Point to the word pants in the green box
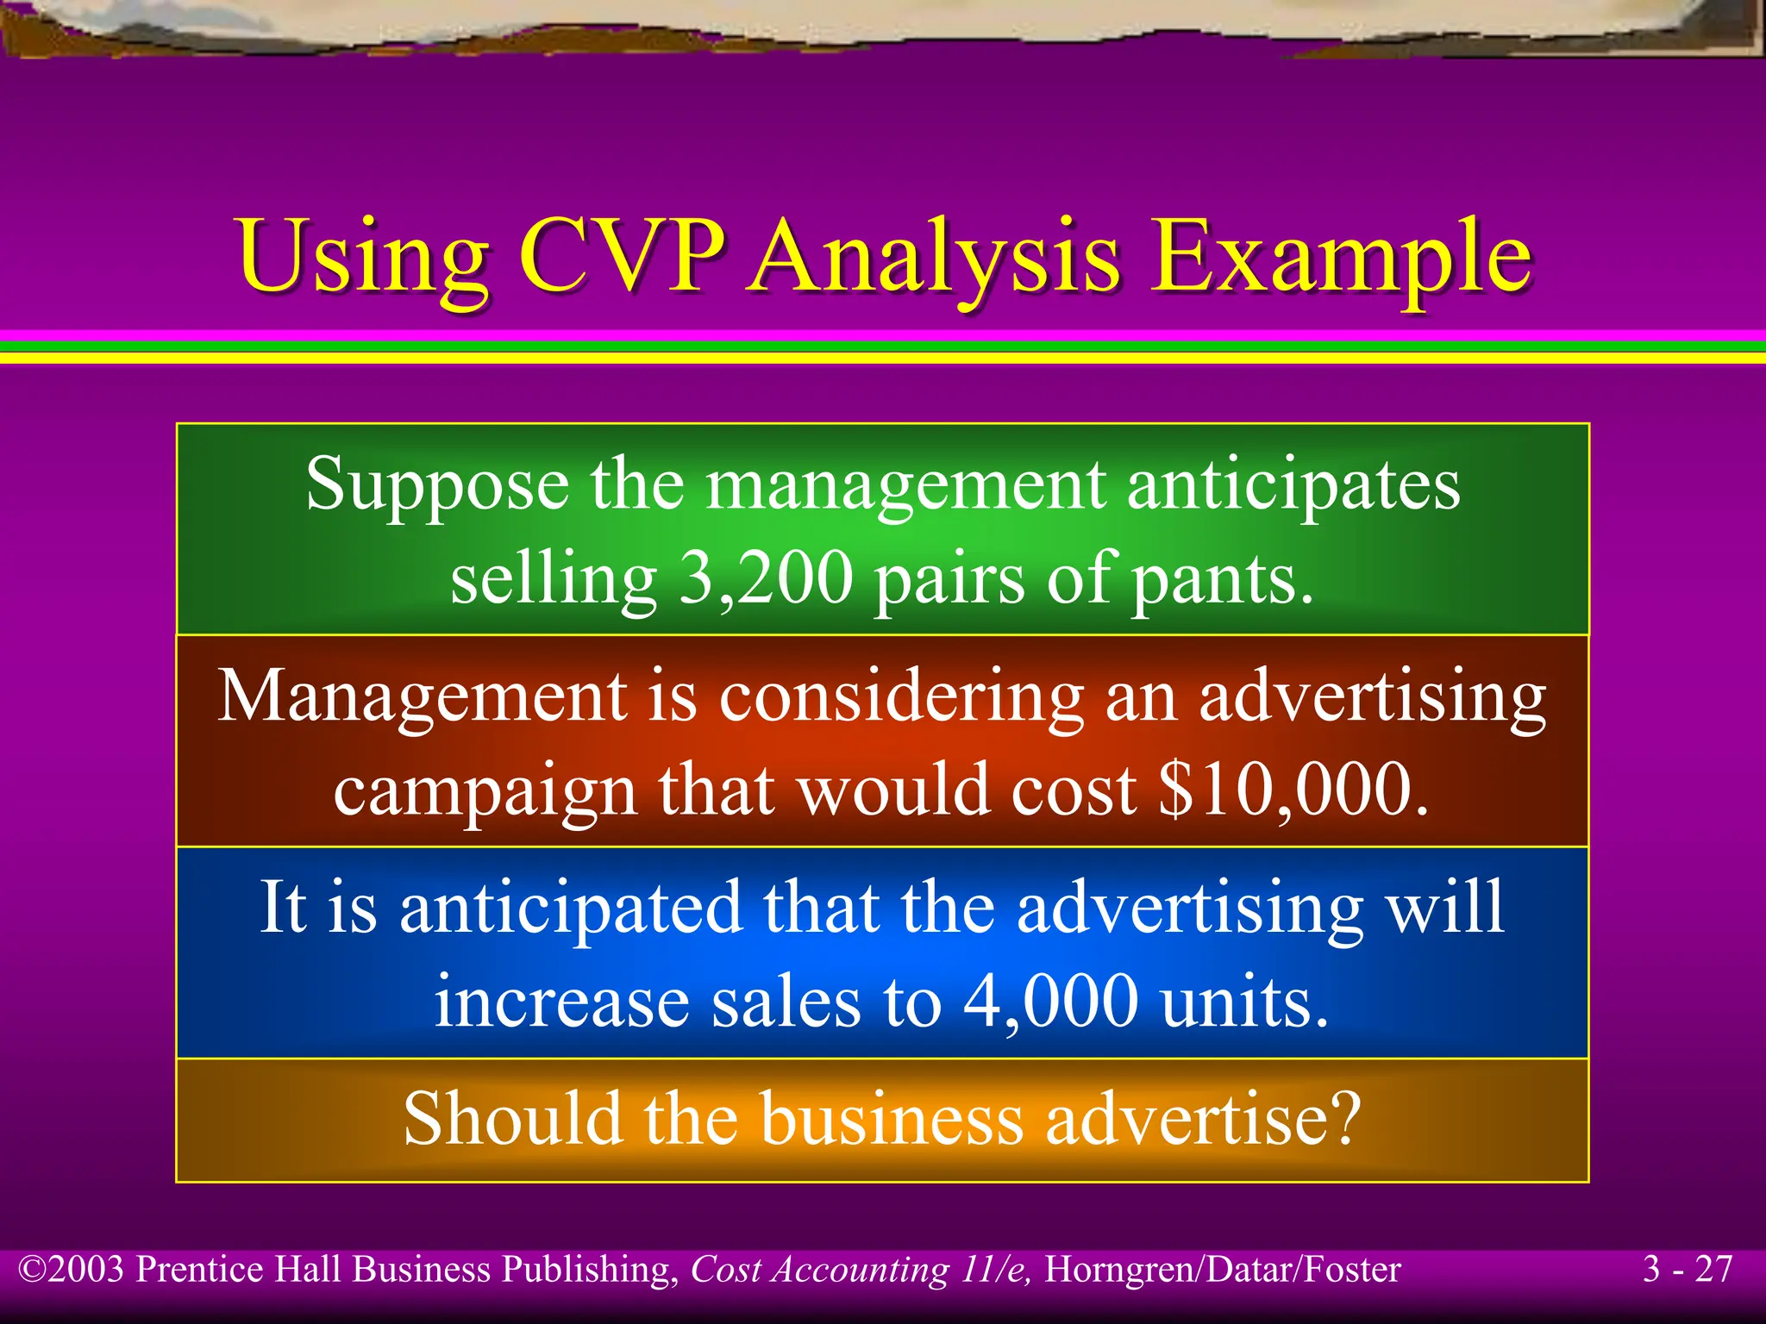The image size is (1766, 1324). click(x=1222, y=579)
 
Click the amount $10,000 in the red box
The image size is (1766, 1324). click(x=1293, y=789)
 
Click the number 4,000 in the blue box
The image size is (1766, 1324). click(x=1050, y=1002)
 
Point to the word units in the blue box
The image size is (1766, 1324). click(x=1243, y=1002)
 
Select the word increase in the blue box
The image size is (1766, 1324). click(x=561, y=1002)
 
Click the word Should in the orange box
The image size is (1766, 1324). click(x=512, y=1118)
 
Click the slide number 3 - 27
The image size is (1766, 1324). click(x=1688, y=1270)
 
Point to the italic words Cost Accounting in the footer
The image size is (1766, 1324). click(x=819, y=1270)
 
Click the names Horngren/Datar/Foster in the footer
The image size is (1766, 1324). click(x=1222, y=1270)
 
